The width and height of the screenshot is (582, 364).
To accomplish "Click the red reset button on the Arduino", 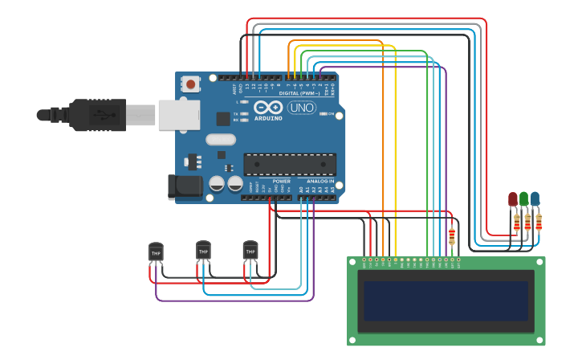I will tap(191, 83).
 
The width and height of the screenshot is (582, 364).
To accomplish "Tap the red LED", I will tap(513, 198).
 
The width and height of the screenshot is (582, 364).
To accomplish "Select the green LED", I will tap(524, 198).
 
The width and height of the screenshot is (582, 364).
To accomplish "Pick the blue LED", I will tap(535, 198).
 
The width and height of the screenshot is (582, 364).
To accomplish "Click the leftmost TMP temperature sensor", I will tap(156, 252).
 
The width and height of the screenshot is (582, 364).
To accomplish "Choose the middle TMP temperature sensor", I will tap(203, 251).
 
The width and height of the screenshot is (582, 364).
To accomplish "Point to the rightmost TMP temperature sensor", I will tap(250, 251).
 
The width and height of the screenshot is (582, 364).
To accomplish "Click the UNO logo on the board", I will tap(301, 108).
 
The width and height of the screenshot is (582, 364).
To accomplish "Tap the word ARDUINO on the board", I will tap(268, 118).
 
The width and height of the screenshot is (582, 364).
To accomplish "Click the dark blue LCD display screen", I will tap(446, 301).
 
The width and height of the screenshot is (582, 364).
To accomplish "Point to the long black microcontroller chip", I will tap(290, 164).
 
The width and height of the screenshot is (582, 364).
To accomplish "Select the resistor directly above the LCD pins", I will tap(452, 236).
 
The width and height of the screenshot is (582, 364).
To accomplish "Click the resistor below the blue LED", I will tap(538, 221).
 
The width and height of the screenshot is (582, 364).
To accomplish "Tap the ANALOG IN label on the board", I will tap(319, 182).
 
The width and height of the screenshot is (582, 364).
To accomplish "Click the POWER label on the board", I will tap(281, 182).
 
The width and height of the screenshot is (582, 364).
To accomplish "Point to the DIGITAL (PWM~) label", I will tap(299, 93).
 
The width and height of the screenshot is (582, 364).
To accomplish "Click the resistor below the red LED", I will tap(516, 222).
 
